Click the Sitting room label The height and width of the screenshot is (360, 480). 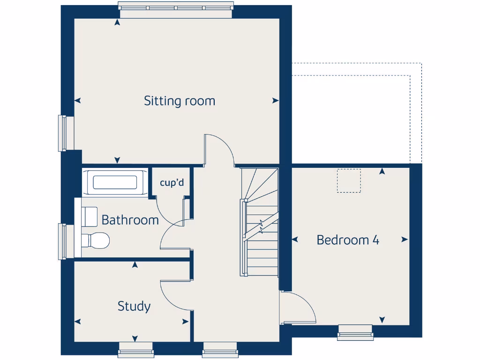click(180, 101)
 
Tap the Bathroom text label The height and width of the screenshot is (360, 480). click(130, 220)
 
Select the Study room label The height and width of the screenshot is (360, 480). click(134, 307)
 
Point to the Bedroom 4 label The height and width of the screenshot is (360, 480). click(348, 240)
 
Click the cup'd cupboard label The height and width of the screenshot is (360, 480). click(172, 183)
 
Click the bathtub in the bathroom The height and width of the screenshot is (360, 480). click(115, 182)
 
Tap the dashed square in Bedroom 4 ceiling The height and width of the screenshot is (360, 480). click(349, 180)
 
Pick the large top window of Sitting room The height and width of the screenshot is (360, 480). click(175, 9)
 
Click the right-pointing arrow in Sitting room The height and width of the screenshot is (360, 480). click(276, 101)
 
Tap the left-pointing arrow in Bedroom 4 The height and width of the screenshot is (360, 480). click(295, 240)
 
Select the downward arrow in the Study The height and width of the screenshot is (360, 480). click(135, 338)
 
